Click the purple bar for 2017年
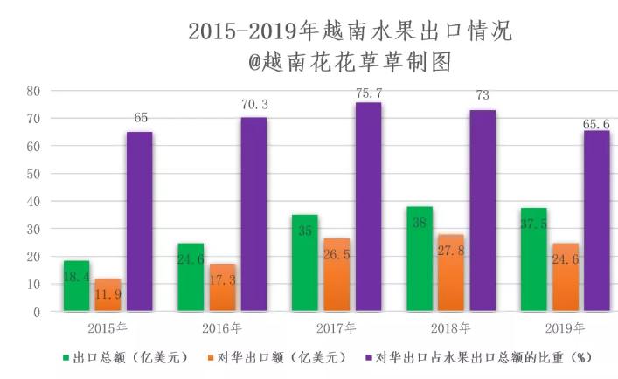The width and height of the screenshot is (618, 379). [x=368, y=206]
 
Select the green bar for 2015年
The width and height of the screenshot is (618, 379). [x=76, y=286]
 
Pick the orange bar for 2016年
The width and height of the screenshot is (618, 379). [x=222, y=287]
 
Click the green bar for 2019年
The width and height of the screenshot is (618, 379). [x=533, y=259]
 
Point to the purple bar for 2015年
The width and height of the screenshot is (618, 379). [x=139, y=221]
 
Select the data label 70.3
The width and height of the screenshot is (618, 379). [x=254, y=105]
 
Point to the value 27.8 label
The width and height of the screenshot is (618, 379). [x=451, y=252]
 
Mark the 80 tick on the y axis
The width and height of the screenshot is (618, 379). [x=34, y=91]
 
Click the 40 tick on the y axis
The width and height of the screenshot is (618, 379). [x=34, y=202]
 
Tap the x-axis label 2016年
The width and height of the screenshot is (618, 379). [x=223, y=328]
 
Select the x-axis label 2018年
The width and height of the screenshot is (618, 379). [x=451, y=328]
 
